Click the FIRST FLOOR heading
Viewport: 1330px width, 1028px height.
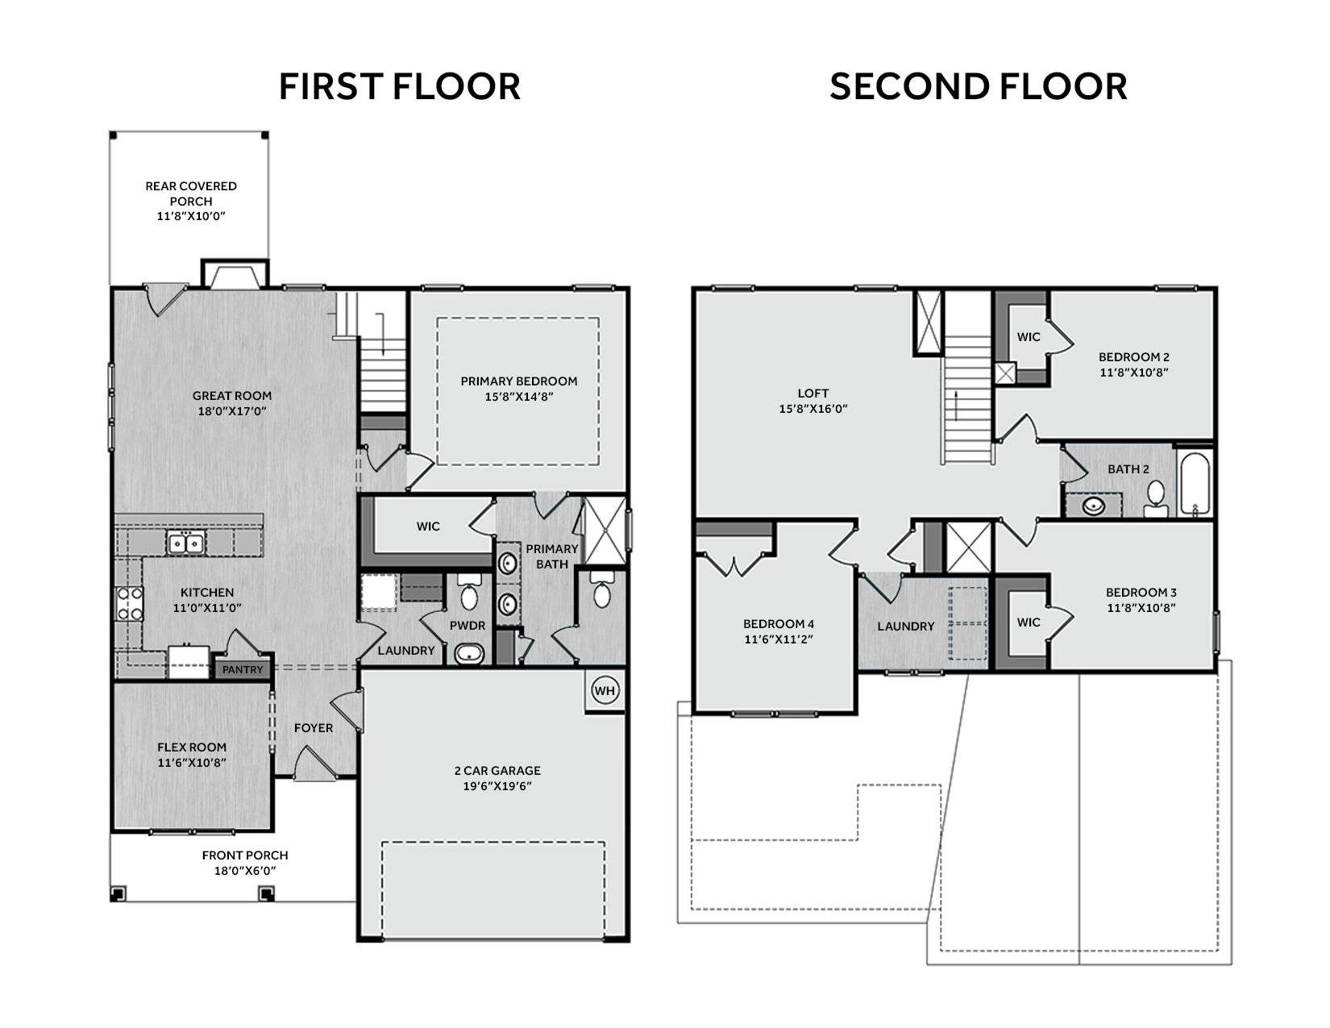(x=399, y=86)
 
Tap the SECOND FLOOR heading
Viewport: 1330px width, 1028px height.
(x=978, y=86)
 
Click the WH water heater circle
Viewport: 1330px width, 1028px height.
(x=604, y=691)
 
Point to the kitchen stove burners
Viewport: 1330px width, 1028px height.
(x=130, y=604)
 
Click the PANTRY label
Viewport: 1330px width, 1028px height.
(x=243, y=670)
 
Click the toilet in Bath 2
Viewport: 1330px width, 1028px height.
(x=1156, y=497)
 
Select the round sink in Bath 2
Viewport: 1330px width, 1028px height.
(x=1093, y=506)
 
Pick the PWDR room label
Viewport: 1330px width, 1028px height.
(x=467, y=626)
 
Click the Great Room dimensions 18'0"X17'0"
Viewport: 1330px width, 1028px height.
(x=232, y=411)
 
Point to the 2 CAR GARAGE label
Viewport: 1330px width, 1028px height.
(x=497, y=771)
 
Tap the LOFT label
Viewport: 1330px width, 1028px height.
(x=813, y=393)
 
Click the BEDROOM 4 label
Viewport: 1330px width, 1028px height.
(x=779, y=624)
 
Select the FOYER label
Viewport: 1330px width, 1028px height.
(x=314, y=728)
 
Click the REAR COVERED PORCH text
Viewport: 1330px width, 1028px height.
(x=191, y=194)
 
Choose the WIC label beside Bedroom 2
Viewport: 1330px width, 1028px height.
(x=1029, y=337)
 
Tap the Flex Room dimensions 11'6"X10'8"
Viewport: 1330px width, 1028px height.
(x=192, y=763)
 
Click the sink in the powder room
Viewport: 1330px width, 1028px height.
(x=469, y=655)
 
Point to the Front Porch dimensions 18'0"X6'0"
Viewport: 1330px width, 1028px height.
(x=245, y=871)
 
